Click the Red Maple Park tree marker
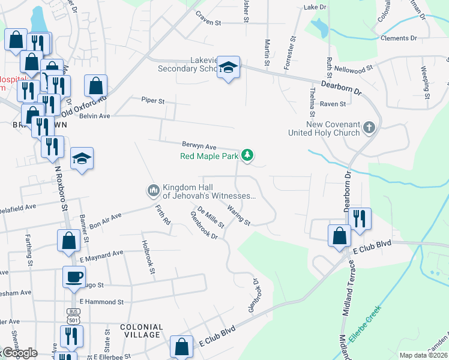(247, 155)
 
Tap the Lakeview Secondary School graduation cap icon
(228, 67)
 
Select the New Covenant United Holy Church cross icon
(369, 127)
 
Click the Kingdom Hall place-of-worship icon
(152, 191)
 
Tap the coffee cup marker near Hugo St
(74, 277)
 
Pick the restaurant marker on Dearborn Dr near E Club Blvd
(360, 218)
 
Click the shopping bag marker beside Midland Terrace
(340, 235)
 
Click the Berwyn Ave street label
(199, 146)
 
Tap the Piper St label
(152, 101)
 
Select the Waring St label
(239, 214)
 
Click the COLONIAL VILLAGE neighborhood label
(140, 331)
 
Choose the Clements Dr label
(399, 38)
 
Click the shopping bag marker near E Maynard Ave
(68, 240)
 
